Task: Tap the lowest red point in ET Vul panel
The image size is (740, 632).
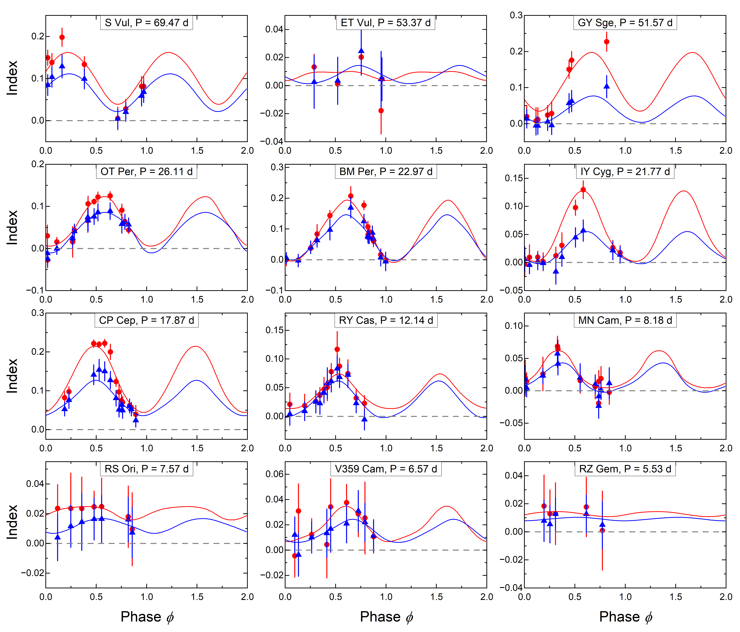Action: coord(381,111)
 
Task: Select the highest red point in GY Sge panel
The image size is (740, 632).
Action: coord(606,42)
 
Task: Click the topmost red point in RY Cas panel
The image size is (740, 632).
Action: coord(337,349)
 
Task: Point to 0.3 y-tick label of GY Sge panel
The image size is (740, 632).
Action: coord(516,15)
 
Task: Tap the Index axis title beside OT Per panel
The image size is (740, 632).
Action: coord(12,228)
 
